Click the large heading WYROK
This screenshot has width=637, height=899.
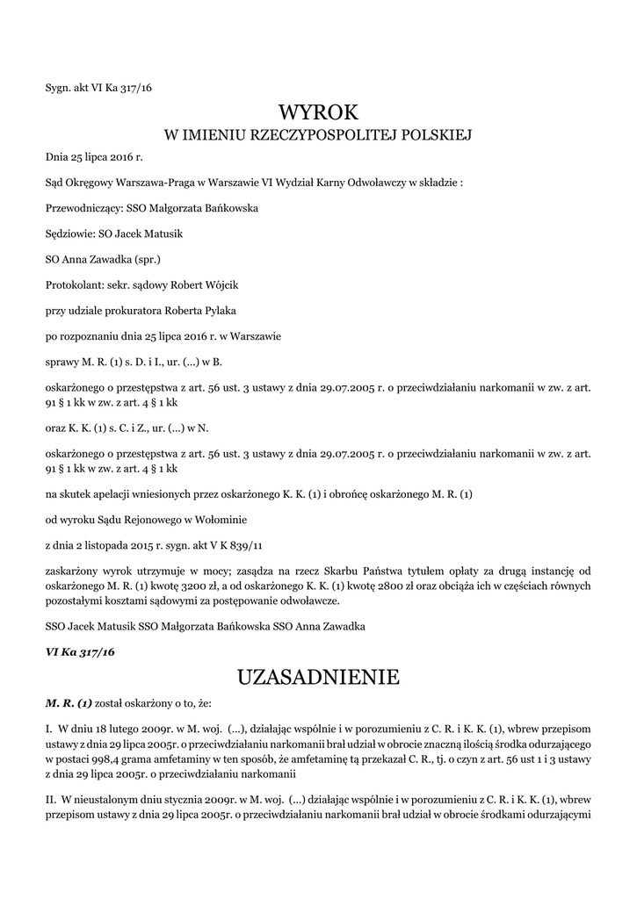click(x=318, y=112)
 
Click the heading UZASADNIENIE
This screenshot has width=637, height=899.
click(x=318, y=677)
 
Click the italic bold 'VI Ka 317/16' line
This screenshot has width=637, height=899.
click(x=80, y=652)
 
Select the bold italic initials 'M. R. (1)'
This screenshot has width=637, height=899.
click(x=69, y=703)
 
